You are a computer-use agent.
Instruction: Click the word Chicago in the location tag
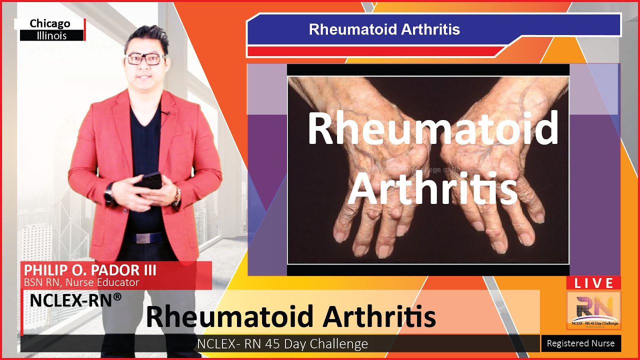[x=50, y=23]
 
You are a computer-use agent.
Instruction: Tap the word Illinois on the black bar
[x=51, y=35]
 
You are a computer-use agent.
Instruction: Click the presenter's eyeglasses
[x=145, y=58]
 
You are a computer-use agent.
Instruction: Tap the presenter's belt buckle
[x=144, y=238]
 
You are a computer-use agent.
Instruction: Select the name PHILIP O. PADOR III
[x=90, y=270]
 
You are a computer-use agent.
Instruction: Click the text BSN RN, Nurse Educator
[x=81, y=282]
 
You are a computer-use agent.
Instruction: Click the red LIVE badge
[x=593, y=283]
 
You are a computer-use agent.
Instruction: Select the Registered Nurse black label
[x=581, y=343]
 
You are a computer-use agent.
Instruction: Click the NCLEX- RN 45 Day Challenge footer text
[x=282, y=344]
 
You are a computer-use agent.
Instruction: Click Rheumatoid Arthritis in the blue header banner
[x=384, y=29]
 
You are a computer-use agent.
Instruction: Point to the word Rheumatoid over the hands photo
[x=433, y=128]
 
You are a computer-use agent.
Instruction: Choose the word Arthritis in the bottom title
[x=379, y=316]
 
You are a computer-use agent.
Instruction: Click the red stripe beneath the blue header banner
[x=375, y=51]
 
